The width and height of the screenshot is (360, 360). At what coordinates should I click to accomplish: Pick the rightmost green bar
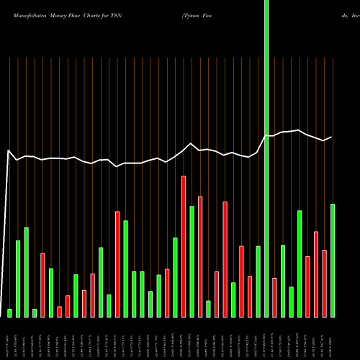click(333, 260)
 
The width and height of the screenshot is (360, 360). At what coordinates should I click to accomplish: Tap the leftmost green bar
click(10, 312)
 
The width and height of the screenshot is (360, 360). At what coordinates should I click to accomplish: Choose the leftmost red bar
click(43, 284)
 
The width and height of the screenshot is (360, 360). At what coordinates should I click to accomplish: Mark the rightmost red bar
click(324, 283)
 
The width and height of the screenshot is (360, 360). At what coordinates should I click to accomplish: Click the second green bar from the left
click(18, 278)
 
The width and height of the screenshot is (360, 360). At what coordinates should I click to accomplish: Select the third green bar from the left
click(27, 271)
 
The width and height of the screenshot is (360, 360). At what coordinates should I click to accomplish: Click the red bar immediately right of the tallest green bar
click(274, 297)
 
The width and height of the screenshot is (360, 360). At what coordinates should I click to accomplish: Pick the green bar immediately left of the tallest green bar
click(258, 281)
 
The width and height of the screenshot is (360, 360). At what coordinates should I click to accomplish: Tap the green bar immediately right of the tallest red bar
click(192, 261)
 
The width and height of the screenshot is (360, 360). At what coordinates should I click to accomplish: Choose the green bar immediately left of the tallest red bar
click(175, 277)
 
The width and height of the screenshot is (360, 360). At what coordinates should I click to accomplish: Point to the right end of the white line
click(332, 137)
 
